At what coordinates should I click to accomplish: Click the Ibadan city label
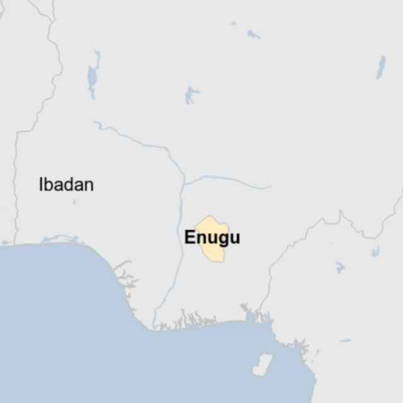tap(66, 184)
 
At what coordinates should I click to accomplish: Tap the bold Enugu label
tap(212, 238)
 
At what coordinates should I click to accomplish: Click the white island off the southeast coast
tap(262, 363)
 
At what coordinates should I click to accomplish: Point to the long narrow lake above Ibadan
tap(93, 76)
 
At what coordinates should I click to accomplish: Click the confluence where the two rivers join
tap(184, 182)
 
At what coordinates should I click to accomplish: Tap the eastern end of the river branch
tap(269, 187)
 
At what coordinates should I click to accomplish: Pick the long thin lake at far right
tap(381, 67)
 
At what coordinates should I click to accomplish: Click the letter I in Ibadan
tap(41, 184)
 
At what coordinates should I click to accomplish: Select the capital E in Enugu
tap(189, 238)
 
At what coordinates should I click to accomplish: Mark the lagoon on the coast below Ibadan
tap(60, 239)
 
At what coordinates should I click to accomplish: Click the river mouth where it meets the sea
tap(153, 327)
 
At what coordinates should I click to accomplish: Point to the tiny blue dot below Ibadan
tap(74, 202)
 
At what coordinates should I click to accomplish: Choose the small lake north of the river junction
tap(191, 95)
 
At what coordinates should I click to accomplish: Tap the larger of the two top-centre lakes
tap(253, 34)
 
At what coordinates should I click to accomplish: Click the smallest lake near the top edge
tap(234, 23)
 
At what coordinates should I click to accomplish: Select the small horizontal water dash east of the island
tap(345, 341)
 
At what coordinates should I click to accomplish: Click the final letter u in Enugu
tap(235, 239)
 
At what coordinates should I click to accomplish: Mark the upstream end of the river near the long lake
tap(96, 122)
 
